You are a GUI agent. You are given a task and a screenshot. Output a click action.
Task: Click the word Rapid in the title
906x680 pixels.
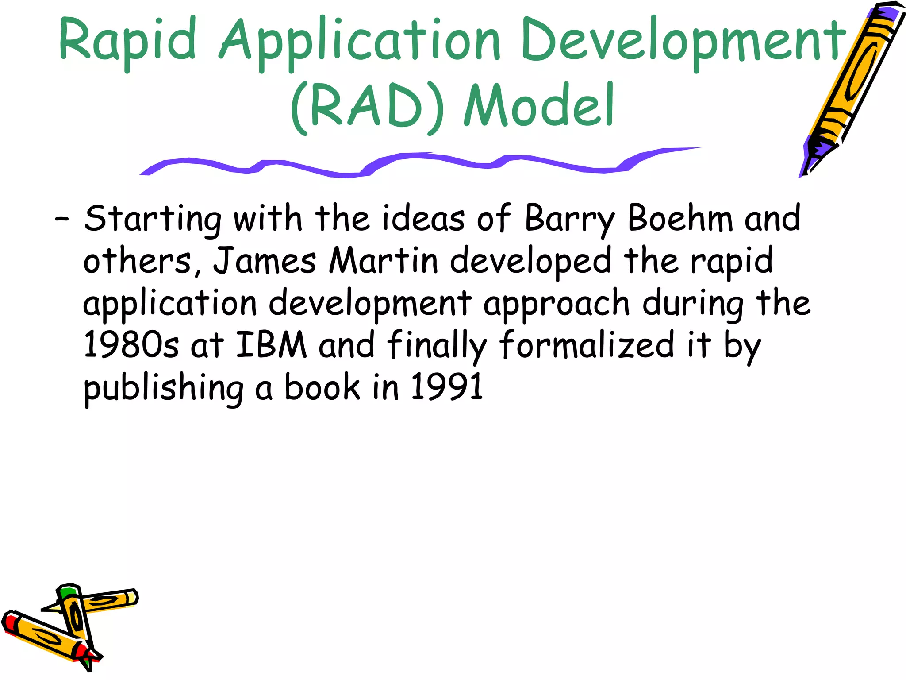coord(127,41)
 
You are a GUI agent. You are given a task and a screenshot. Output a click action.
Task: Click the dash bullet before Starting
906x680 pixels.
coord(61,219)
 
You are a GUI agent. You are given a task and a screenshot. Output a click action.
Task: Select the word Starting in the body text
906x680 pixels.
coord(152,219)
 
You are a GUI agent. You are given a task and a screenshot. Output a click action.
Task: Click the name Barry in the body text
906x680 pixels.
coord(570,219)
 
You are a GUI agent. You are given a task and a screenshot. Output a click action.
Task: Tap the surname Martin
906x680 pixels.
coord(383,260)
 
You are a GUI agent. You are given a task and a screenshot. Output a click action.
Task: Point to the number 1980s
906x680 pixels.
coord(131,345)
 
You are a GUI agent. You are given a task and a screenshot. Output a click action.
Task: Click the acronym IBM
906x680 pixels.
coord(271,345)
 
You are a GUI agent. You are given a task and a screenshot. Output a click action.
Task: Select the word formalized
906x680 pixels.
coord(587,345)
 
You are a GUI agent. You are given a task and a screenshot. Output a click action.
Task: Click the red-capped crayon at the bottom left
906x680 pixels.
coord(44,637)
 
